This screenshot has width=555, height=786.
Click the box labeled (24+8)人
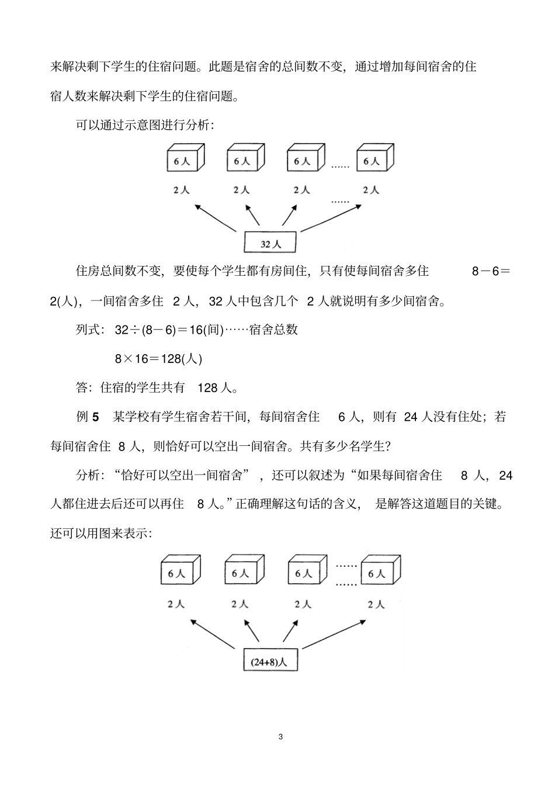[270, 662]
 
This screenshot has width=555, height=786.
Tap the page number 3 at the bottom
[281, 737]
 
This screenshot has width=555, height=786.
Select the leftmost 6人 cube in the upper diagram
[185, 159]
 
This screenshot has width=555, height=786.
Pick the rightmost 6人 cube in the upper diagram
[374, 159]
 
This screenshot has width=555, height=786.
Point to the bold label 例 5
[88, 417]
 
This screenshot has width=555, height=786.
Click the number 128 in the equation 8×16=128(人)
[171, 359]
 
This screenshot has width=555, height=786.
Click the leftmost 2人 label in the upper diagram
[181, 190]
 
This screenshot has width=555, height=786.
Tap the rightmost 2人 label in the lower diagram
[376, 604]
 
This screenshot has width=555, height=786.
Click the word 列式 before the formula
[88, 330]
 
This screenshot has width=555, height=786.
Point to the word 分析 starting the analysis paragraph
[88, 476]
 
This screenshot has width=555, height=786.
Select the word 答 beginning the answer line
[82, 388]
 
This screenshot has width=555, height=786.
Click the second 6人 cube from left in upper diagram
[245, 159]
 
